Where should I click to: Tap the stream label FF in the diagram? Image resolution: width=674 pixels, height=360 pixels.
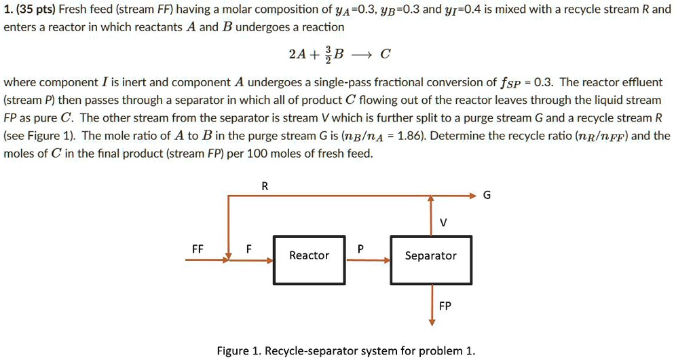(198, 249)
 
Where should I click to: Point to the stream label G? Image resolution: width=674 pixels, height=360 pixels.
(486, 196)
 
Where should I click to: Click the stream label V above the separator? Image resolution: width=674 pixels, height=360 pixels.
(444, 222)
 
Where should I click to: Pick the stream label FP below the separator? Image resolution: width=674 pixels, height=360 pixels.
(445, 306)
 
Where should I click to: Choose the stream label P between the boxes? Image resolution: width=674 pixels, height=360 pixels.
(360, 249)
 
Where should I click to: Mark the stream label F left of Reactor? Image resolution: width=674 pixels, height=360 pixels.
(249, 249)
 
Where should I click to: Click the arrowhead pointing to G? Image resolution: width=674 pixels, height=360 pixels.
(473, 196)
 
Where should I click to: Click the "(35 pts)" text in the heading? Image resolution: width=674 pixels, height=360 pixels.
(34, 10)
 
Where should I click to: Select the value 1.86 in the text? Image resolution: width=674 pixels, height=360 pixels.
(408, 135)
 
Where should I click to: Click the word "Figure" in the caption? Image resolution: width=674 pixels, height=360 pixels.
(233, 350)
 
